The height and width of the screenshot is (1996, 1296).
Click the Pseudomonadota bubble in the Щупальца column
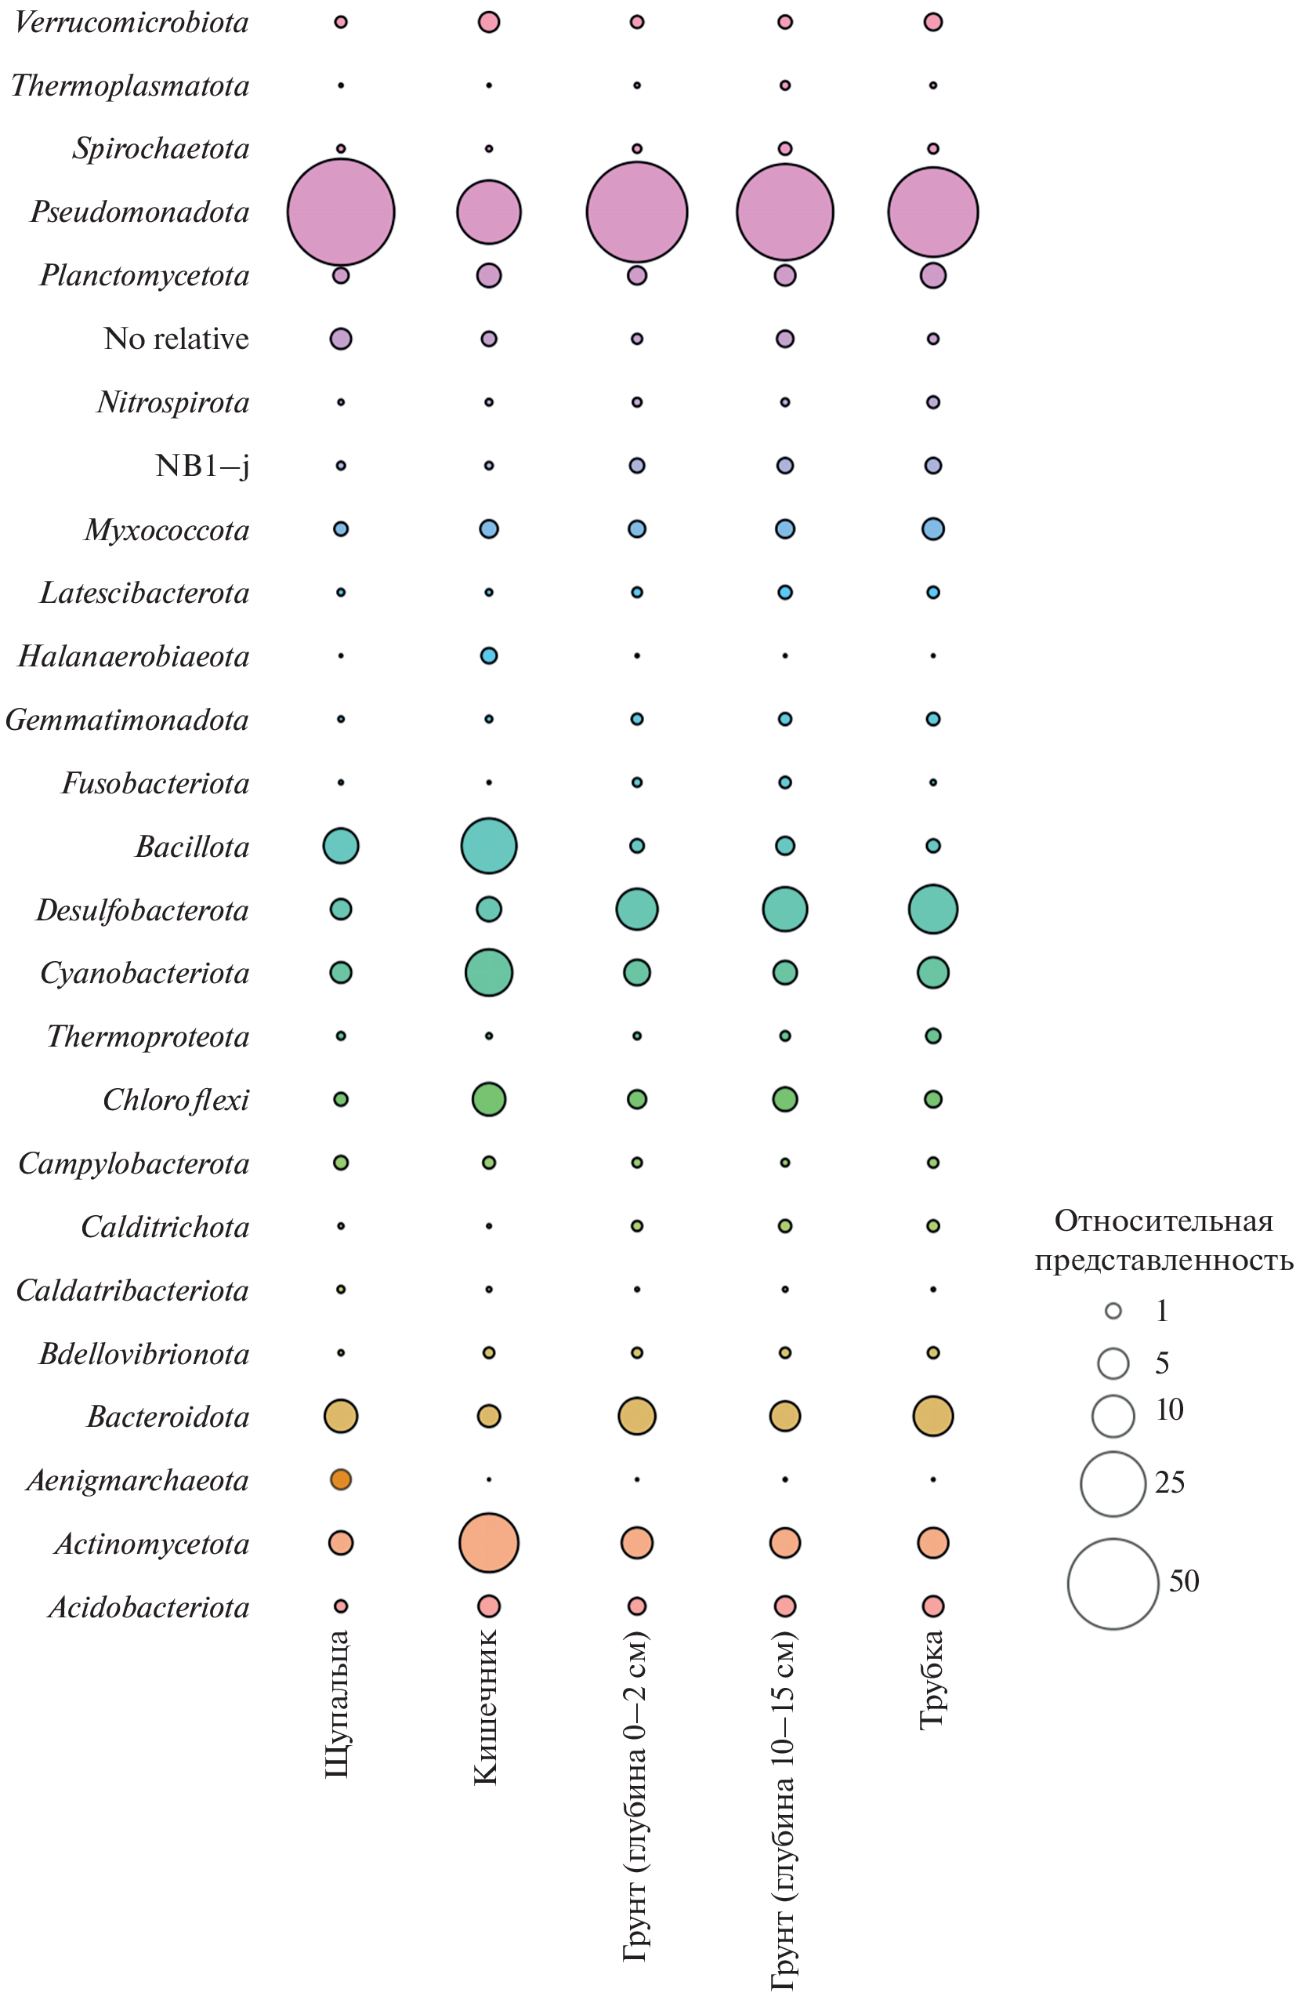point(340,212)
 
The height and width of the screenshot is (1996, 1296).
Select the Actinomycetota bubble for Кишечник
point(489,1542)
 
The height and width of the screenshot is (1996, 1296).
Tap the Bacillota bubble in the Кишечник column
point(489,845)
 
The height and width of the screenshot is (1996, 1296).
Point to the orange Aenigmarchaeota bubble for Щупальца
point(340,1479)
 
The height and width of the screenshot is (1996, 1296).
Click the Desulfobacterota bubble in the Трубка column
point(933,909)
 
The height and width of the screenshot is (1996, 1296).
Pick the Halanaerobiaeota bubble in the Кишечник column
point(489,656)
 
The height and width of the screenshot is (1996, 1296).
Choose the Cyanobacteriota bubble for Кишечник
point(489,973)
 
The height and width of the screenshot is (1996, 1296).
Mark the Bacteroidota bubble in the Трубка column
point(933,1417)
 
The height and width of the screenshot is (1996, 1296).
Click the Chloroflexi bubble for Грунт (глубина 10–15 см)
point(784,1099)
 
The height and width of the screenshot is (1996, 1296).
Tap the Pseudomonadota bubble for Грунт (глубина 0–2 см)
point(637,212)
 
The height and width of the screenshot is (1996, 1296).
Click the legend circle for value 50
point(1113,1584)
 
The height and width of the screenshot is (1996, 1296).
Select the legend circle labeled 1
point(1113,1311)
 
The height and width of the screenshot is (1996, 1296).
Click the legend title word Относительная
point(1164,1222)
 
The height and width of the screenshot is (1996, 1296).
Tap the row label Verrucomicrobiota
point(132,23)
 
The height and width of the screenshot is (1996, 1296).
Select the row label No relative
point(176,339)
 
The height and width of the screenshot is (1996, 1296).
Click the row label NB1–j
point(202,466)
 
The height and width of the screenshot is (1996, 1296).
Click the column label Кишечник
point(487,1707)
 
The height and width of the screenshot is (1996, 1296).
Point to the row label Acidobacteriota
point(149,1607)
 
